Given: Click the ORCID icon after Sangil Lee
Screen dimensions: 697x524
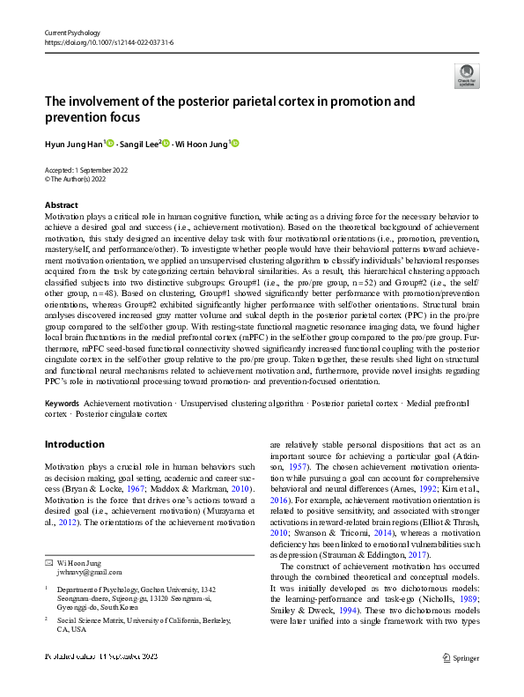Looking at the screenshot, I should point(165,144).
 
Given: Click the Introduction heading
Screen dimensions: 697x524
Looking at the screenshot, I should point(75,444).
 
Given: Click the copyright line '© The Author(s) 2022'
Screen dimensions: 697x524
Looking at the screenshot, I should point(81,179).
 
